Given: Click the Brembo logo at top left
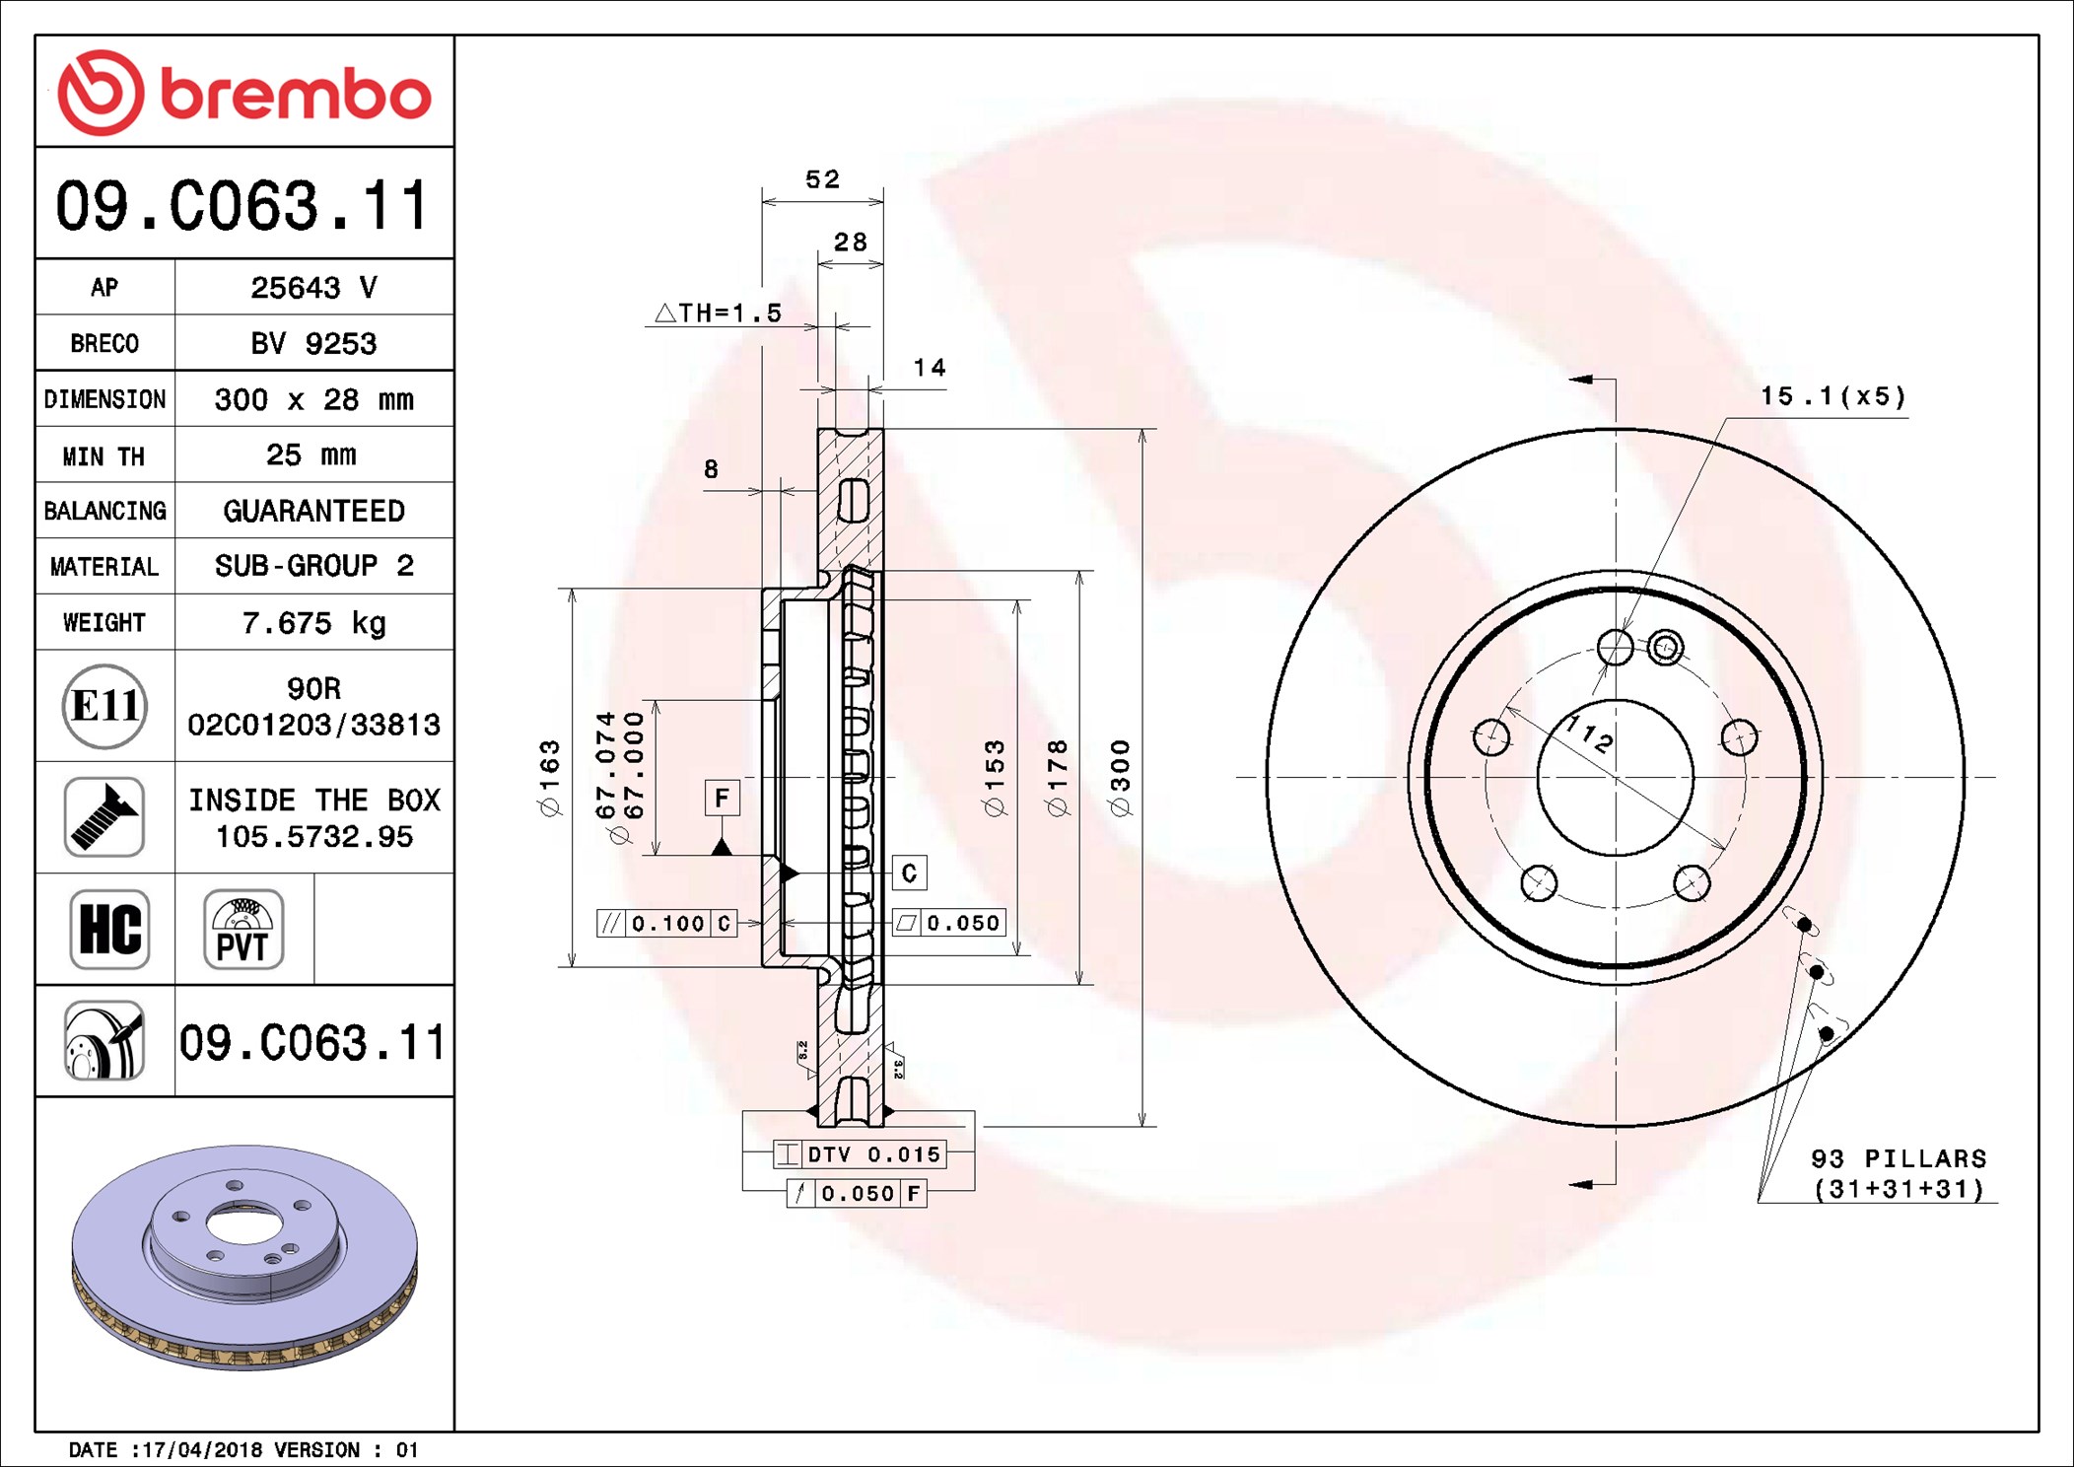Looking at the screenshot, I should (x=243, y=93).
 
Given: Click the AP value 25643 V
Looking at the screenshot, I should (x=313, y=288).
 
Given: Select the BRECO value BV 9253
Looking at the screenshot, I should (x=313, y=344).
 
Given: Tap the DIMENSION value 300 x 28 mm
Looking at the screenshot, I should (x=313, y=399).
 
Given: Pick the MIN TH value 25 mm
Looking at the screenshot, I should (x=311, y=455).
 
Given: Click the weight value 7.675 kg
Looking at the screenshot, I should (x=313, y=623).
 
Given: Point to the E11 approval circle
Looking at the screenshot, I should (x=104, y=706).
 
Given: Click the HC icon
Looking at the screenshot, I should (x=109, y=930).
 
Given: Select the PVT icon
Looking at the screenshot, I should (x=243, y=930).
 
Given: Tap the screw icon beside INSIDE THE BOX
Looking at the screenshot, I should (x=104, y=817).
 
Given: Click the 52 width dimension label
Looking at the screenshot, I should (x=822, y=179).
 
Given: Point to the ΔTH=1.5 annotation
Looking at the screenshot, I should (x=719, y=314).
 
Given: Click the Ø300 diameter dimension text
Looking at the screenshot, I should (x=1121, y=778).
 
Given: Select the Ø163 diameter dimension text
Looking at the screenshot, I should (x=550, y=778).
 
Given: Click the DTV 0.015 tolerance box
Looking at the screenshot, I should (x=861, y=1154).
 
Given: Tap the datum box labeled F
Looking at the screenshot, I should (x=723, y=798).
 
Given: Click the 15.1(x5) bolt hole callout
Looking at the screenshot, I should (x=1832, y=396).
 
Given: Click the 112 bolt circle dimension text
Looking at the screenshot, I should (x=1590, y=734).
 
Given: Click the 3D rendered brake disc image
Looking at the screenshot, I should (x=244, y=1257).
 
